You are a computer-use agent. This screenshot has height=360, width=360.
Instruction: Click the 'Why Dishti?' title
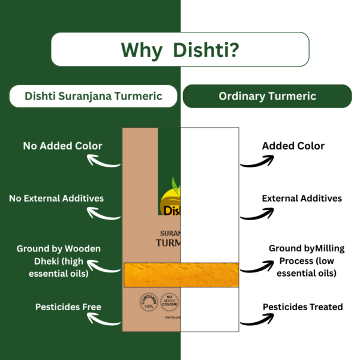click(x=180, y=49)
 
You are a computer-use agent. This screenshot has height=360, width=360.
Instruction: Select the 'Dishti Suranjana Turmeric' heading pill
click(x=94, y=96)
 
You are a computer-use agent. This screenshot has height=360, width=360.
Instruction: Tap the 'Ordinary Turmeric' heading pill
click(x=267, y=96)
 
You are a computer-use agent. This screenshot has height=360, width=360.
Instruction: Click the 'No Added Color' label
click(x=62, y=145)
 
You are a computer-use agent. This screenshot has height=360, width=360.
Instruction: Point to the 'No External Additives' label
click(x=56, y=198)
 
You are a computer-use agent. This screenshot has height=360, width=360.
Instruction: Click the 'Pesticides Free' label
click(x=67, y=307)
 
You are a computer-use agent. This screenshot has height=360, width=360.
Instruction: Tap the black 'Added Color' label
click(x=293, y=146)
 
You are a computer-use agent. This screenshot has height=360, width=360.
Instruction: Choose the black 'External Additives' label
click(x=302, y=198)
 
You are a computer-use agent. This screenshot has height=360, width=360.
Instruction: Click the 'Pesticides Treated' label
click(x=303, y=307)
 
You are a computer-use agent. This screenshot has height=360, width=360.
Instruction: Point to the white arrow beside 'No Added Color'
click(x=104, y=161)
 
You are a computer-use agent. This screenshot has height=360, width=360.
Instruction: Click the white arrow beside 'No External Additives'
click(x=104, y=212)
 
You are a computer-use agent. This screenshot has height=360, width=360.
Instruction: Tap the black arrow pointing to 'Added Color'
click(x=257, y=161)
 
